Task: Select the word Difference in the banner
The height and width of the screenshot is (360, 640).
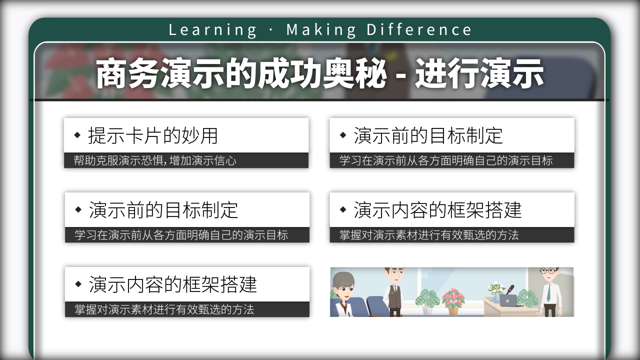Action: (x=419, y=29)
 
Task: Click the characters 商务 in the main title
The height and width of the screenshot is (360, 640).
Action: (x=127, y=73)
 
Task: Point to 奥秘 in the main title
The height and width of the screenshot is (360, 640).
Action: (x=354, y=73)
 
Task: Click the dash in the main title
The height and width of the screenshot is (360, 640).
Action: (x=401, y=76)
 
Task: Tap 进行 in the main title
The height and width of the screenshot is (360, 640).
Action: (x=447, y=73)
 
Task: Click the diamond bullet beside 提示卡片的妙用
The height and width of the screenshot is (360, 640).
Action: (x=77, y=135)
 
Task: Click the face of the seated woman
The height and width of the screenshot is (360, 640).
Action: (x=345, y=289)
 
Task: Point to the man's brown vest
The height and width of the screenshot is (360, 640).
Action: (x=394, y=296)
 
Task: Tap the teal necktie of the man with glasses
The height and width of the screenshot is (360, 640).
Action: (x=548, y=293)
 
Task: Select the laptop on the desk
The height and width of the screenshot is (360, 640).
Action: (x=508, y=300)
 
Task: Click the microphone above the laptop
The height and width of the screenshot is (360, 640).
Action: (x=510, y=289)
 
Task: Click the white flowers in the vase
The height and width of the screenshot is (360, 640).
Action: (x=496, y=288)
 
